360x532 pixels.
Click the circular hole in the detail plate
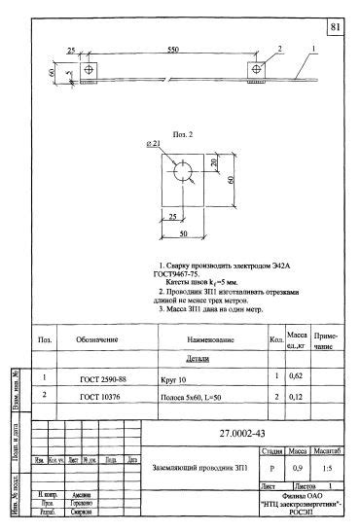point(183,171)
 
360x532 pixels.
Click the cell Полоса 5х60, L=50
point(191,398)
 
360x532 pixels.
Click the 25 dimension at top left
point(71,49)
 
